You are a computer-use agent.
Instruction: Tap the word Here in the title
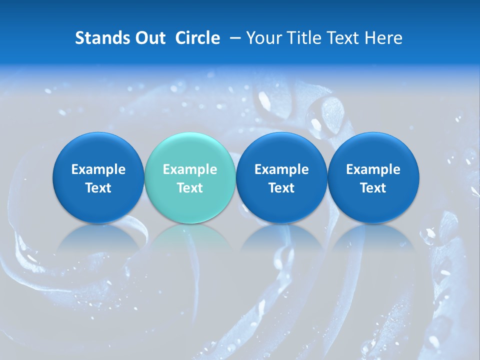(383, 38)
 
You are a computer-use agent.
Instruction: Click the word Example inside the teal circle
(190, 169)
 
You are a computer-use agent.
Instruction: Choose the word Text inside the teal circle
(190, 188)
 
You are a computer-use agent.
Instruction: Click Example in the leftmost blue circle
(98, 169)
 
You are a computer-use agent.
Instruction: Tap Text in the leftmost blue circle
(98, 188)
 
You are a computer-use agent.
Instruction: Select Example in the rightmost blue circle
(373, 169)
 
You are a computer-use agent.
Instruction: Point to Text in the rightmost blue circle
(373, 188)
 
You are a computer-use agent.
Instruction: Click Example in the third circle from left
(281, 169)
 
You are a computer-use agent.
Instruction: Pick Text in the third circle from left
(281, 188)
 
